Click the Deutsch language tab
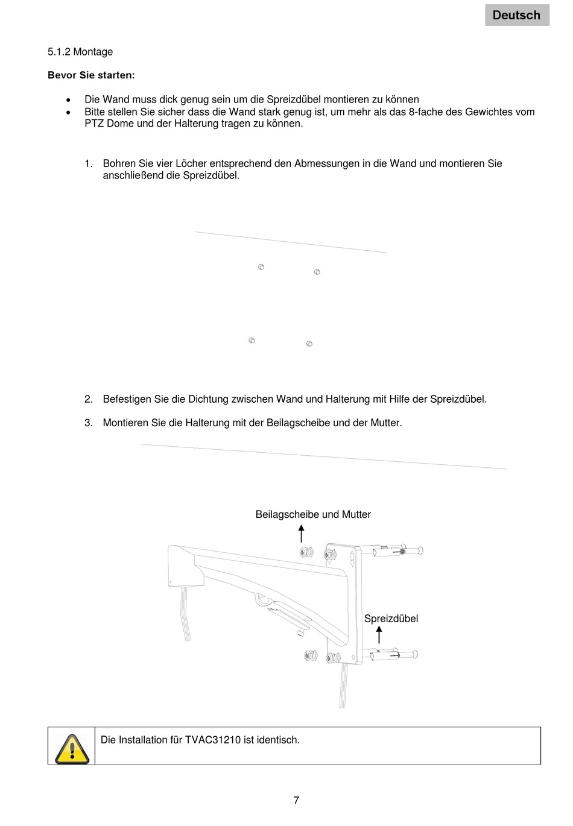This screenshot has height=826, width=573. (517, 15)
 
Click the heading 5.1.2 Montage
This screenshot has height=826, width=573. (80, 52)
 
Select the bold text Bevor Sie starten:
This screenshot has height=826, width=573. (91, 75)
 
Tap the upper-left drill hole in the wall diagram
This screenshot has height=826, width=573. (261, 266)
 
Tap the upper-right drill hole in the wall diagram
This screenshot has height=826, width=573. (317, 272)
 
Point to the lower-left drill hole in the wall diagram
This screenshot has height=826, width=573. (252, 341)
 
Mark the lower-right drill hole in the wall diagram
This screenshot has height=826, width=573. (309, 344)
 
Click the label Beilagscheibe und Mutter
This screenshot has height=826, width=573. (313, 514)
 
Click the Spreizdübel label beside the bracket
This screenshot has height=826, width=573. (391, 619)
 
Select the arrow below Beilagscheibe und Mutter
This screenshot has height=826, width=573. (301, 534)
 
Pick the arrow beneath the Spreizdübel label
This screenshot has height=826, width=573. (379, 635)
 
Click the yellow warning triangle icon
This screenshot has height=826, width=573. (71, 748)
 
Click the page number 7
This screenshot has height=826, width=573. (296, 801)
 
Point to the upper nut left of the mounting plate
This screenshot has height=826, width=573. (306, 552)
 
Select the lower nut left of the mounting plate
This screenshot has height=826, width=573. (311, 656)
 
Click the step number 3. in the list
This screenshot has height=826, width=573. (89, 423)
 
